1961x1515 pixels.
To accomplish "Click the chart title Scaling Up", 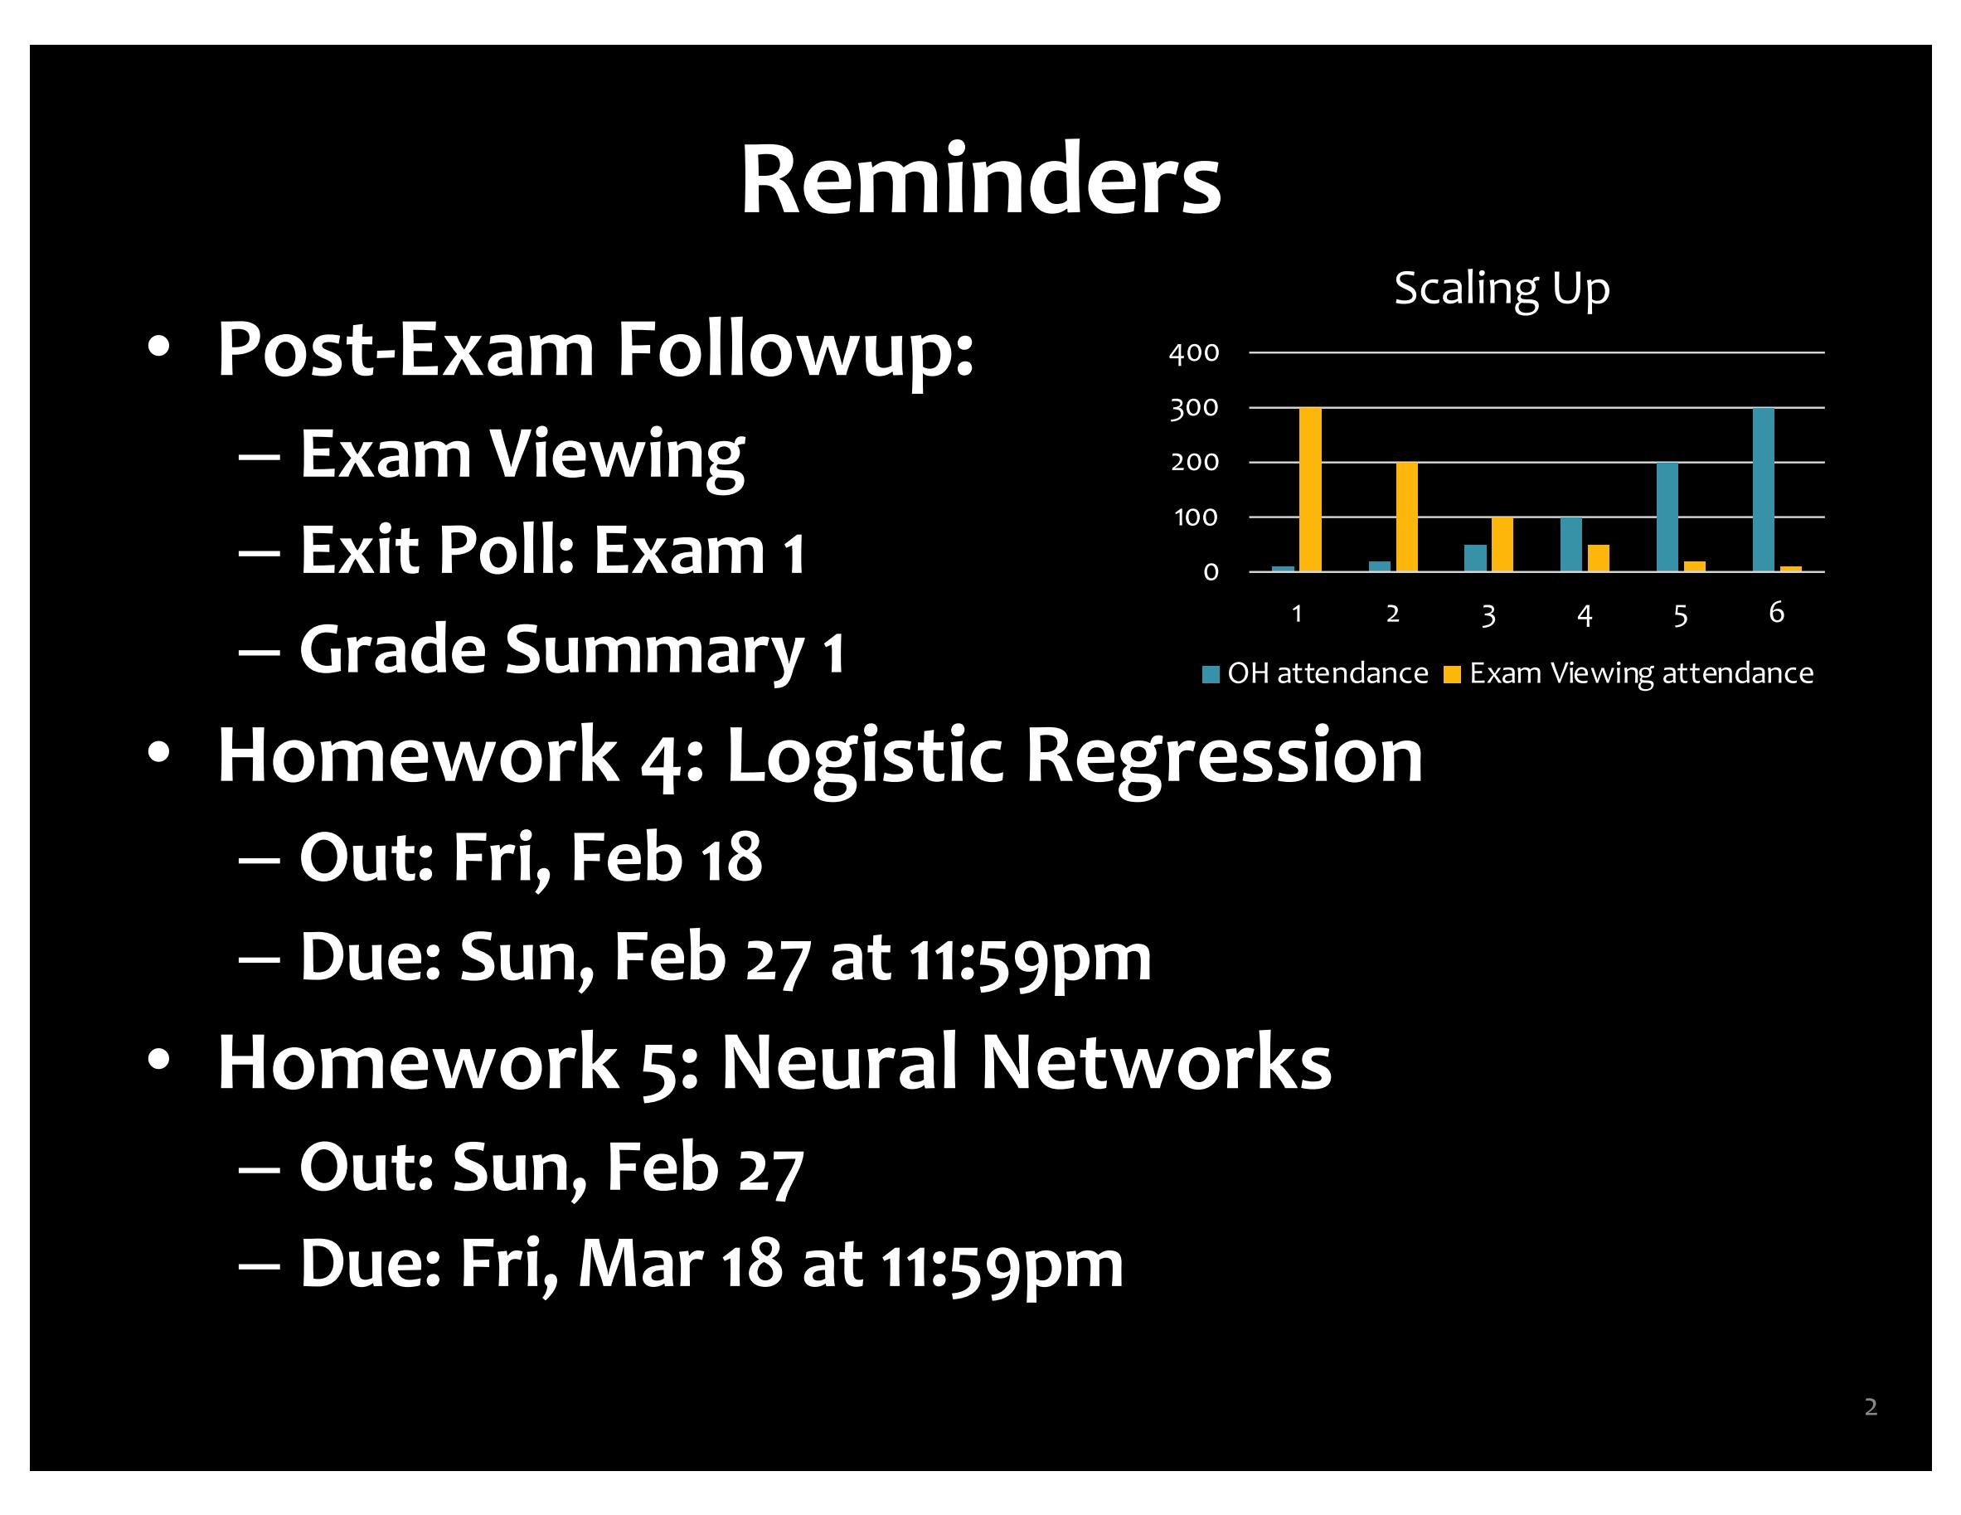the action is [x=1502, y=289].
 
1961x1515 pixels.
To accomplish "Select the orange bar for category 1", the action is [x=1310, y=489].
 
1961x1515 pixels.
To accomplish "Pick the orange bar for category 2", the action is [x=1407, y=517].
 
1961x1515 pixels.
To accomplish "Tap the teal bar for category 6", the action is [x=1764, y=489].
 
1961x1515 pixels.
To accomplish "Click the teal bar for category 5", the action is [x=1667, y=517].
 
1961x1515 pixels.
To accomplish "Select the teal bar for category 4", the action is [x=1571, y=544].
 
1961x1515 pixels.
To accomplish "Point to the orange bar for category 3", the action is [x=1502, y=544].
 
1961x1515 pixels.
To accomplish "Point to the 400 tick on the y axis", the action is [x=1194, y=353].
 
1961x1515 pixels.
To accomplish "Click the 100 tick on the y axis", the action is [x=1196, y=517].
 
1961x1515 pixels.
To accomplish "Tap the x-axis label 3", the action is [x=1488, y=615].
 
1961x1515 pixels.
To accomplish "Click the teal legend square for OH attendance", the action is [x=1211, y=674].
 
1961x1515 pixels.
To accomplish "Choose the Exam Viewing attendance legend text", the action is [x=1641, y=673].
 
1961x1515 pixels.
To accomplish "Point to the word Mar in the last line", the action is [x=641, y=1264].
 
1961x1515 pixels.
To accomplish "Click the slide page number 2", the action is [x=1871, y=1407].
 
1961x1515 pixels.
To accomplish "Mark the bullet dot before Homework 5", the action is [x=159, y=1060].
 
